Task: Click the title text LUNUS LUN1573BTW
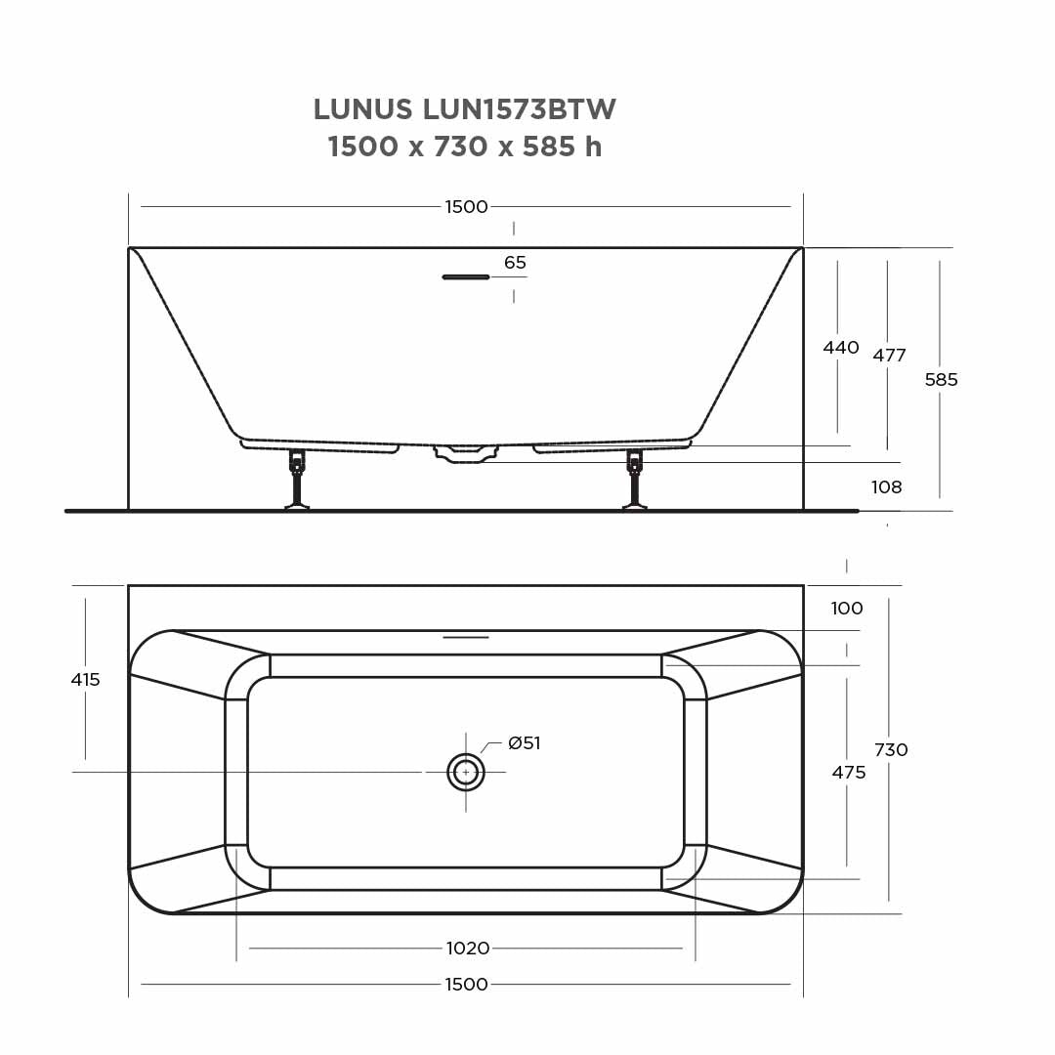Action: pos(464,109)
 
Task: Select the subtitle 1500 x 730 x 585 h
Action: pos(464,148)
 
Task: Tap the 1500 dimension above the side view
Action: pos(466,207)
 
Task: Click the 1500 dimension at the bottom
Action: pos(466,984)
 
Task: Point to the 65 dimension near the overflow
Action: pos(515,263)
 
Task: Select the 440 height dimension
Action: pos(840,348)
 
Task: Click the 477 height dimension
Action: pos(889,356)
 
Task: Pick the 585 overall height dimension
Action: pos(941,380)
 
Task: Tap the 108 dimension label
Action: pos(886,487)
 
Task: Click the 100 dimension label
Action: pos(846,609)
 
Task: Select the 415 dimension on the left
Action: pos(85,680)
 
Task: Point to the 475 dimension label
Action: pos(848,773)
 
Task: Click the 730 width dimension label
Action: pos(890,750)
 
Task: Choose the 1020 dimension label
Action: pos(467,949)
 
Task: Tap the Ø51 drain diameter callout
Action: pos(524,743)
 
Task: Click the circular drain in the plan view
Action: pos(466,772)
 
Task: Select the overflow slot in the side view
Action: pos(466,277)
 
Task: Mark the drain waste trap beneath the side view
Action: pos(467,453)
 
